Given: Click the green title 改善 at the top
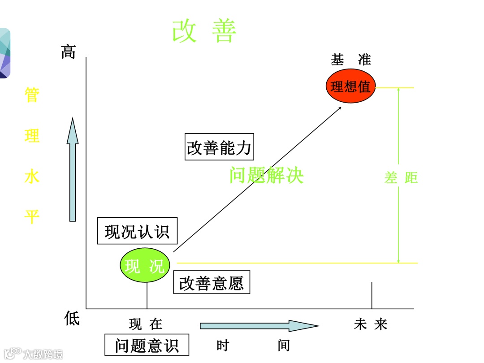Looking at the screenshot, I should (204, 31).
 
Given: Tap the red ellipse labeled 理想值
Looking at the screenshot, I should (350, 86).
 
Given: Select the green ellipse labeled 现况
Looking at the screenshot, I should (145, 266).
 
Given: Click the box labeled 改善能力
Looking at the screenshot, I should (220, 147).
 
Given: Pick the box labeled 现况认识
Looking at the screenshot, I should (137, 231).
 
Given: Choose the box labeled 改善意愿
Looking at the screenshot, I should (212, 283).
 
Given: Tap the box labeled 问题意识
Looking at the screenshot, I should (147, 345).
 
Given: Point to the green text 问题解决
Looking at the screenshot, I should (267, 175).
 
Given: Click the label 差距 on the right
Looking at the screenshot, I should (401, 178).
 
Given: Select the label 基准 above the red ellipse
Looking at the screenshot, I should (351, 60).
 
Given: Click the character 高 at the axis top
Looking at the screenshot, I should (68, 52).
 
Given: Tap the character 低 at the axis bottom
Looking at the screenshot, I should (72, 319).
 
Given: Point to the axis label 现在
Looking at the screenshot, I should (146, 324).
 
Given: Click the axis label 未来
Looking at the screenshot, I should (371, 324).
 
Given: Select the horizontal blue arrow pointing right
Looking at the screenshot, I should (259, 326).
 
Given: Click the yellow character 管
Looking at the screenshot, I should (32, 95).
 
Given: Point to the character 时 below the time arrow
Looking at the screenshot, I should (222, 346).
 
